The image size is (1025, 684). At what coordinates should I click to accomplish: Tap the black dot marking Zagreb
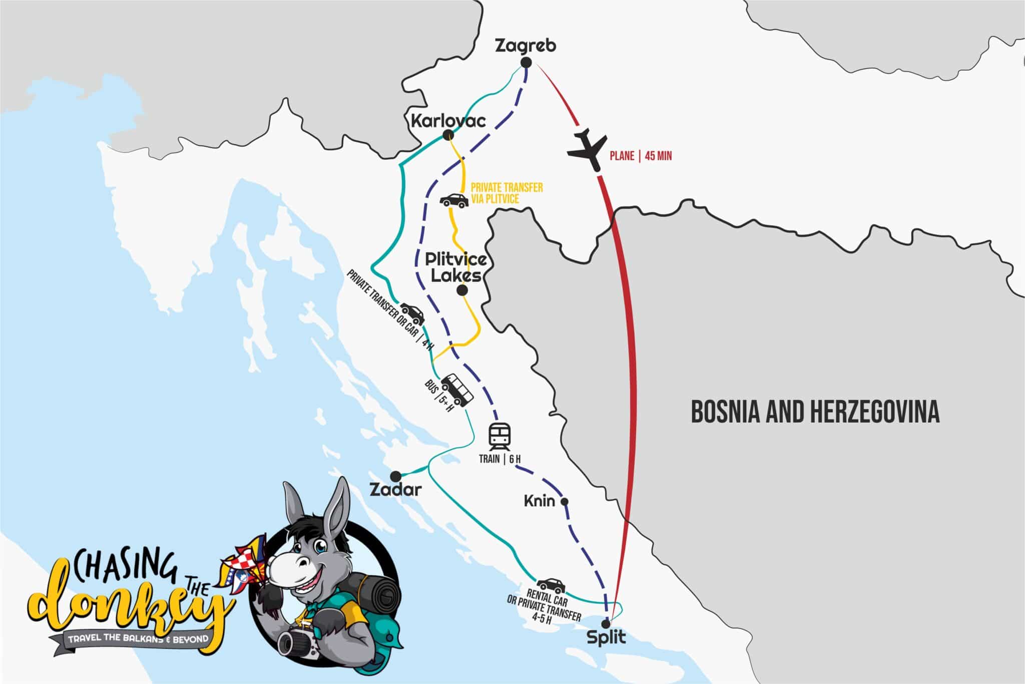tap(526, 63)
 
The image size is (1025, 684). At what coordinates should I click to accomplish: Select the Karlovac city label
tap(447, 121)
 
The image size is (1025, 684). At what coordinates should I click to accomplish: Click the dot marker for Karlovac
tap(448, 135)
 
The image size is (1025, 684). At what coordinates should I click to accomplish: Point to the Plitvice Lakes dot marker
tap(462, 290)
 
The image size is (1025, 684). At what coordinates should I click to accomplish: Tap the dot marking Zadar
tap(395, 475)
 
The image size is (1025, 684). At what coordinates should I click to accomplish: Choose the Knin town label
tap(539, 501)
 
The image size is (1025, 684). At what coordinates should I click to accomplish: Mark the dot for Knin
tap(565, 501)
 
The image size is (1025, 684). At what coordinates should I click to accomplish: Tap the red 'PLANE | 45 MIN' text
tap(640, 156)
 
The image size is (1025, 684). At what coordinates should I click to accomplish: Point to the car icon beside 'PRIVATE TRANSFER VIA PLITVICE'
tap(454, 201)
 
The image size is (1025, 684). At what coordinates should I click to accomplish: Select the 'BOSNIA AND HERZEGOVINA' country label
tap(815, 412)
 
